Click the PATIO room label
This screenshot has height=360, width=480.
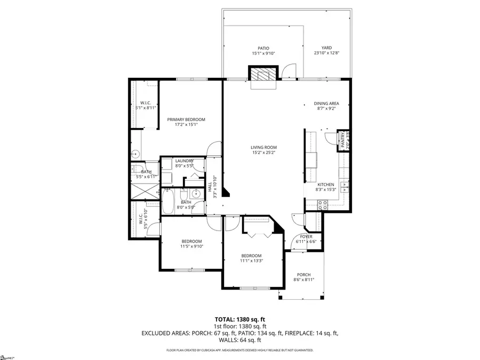click(260, 48)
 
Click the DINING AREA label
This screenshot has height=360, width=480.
click(326, 103)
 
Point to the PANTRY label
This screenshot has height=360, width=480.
click(342, 140)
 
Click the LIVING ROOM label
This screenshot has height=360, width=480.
click(263, 147)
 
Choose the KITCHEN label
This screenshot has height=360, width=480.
click(325, 185)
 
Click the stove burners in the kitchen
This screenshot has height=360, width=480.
click(322, 205)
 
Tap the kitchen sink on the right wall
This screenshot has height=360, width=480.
click(345, 186)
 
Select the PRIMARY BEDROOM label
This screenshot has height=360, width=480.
click(186, 119)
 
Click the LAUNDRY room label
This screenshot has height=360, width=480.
click(183, 161)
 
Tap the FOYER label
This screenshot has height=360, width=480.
click(306, 236)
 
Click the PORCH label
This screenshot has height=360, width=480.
click(303, 275)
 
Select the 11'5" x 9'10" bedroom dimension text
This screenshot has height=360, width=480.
click(191, 246)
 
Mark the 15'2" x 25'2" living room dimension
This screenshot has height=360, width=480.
click(263, 153)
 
